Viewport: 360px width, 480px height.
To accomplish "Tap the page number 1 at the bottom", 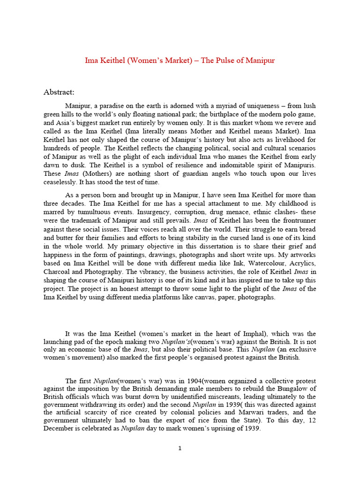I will point(180,448).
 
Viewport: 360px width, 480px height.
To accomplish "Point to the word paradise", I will point(119,106).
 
